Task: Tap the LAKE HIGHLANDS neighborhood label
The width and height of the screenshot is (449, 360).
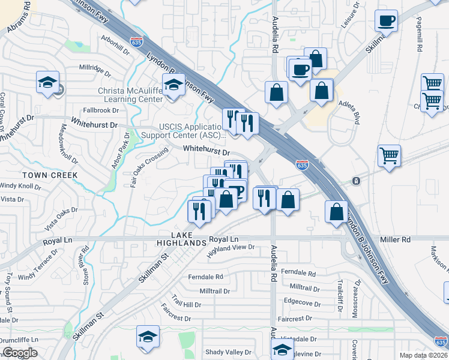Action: (181, 239)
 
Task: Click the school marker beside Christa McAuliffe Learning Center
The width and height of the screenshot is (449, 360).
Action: (173, 85)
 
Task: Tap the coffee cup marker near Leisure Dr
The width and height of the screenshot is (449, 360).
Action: (386, 20)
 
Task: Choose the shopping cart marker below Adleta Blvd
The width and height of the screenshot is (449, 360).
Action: (389, 155)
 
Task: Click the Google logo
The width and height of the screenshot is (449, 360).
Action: (20, 353)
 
